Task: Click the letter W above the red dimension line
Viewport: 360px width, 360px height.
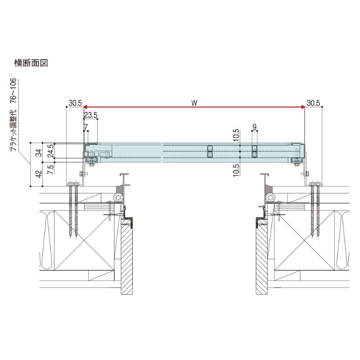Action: click(x=194, y=103)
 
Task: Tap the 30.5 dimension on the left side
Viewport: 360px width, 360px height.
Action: click(x=75, y=103)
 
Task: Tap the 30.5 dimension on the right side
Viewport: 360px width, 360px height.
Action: click(x=313, y=103)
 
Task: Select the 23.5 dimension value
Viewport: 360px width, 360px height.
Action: click(x=90, y=115)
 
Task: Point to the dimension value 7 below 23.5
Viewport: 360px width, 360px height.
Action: click(x=85, y=127)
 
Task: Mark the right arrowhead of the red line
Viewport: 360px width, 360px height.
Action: click(x=302, y=107)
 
